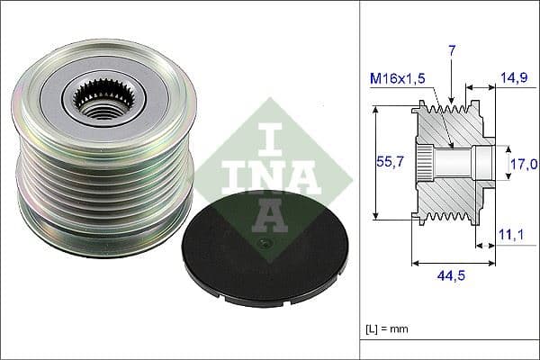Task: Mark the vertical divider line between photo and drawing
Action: [360, 180]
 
